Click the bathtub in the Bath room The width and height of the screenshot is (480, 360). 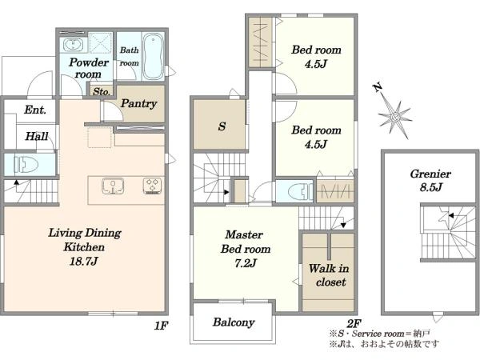(154, 56)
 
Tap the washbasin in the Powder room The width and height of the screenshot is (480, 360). (73, 46)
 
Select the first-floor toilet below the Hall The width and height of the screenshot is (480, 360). (26, 164)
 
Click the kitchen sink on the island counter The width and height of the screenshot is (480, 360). (113, 186)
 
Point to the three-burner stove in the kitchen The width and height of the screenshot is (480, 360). (152, 186)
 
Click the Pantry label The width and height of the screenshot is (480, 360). (138, 103)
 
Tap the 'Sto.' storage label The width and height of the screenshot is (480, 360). (102, 91)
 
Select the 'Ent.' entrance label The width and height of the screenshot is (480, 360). (35, 110)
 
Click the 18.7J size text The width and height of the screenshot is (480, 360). (83, 261)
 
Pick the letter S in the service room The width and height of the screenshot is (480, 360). (222, 126)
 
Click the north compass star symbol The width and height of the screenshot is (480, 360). (394, 117)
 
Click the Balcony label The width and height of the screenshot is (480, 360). (234, 322)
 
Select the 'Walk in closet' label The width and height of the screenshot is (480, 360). (329, 275)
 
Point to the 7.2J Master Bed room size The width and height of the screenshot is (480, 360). (246, 263)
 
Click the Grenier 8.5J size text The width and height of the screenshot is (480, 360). (431, 186)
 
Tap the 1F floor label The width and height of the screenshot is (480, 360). (161, 326)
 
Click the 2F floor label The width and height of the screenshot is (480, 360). (354, 323)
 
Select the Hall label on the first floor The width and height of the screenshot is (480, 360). (37, 136)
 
